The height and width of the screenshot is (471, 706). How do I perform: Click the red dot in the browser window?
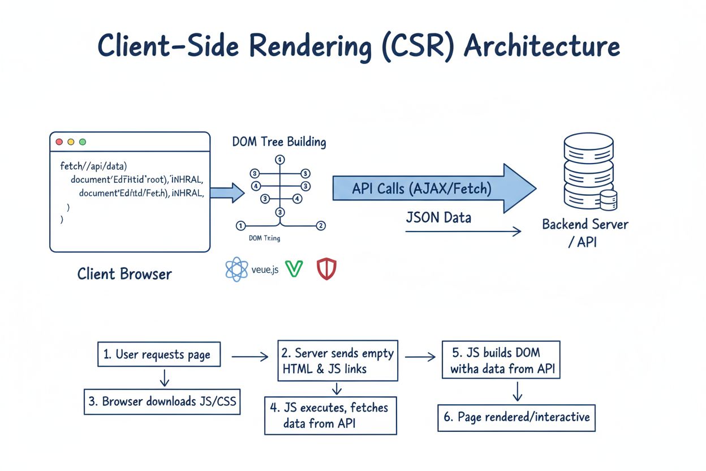(59, 142)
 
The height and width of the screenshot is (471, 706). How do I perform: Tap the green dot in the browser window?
(83, 142)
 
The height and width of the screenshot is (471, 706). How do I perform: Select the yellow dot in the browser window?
(71, 142)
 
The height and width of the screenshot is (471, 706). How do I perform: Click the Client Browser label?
(124, 274)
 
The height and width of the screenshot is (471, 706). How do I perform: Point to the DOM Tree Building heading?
(279, 141)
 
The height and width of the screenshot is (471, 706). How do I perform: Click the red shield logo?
(326, 269)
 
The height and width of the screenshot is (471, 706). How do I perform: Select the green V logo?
(294, 269)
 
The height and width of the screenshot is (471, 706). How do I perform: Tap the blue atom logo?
(236, 269)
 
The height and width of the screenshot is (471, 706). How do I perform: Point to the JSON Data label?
(438, 217)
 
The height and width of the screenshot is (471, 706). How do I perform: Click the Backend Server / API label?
(585, 232)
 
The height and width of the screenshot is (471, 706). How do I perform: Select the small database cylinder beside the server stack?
(609, 200)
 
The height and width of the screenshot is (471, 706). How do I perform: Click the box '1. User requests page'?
(158, 355)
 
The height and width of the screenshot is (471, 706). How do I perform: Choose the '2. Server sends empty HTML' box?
(338, 361)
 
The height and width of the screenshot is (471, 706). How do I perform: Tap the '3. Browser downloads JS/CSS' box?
(162, 401)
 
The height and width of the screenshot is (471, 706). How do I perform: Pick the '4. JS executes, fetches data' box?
(330, 415)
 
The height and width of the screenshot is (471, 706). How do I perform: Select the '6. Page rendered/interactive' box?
(516, 418)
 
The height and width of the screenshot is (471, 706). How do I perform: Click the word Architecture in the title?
(541, 47)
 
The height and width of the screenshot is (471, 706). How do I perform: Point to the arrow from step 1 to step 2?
(249, 356)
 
